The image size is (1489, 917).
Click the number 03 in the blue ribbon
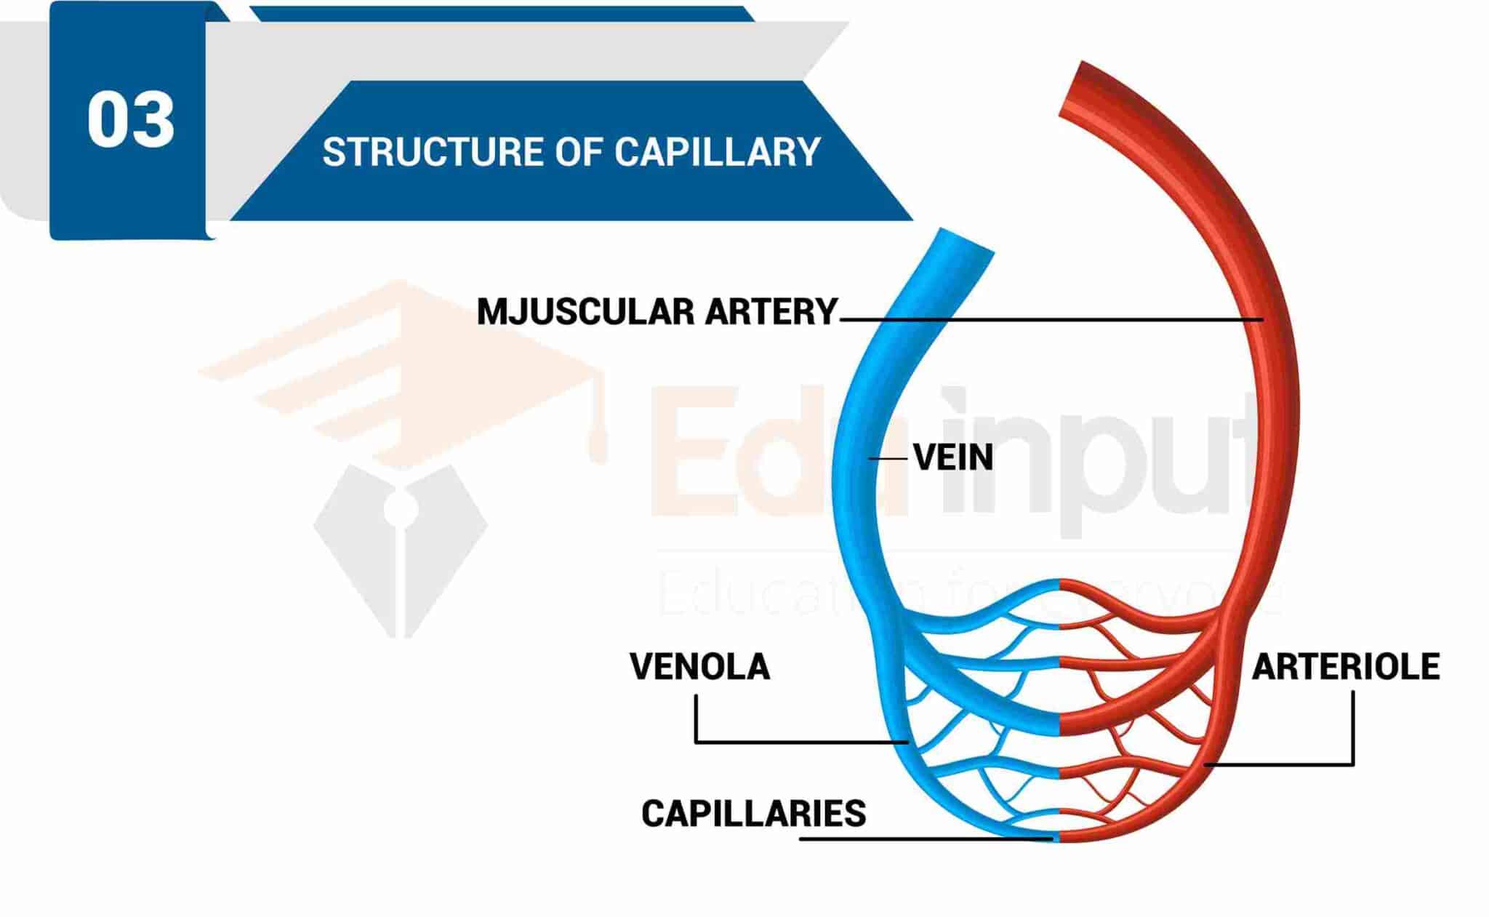pos(131,120)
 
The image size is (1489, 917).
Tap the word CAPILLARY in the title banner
pos(717,152)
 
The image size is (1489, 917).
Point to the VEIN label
pos(953,457)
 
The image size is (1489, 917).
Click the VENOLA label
pos(699,666)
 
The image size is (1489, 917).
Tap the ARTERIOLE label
pos(1345,666)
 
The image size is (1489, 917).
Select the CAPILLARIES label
pos(753,813)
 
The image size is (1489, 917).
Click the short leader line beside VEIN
pos(889,458)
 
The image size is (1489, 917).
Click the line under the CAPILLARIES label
pos(923,839)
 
